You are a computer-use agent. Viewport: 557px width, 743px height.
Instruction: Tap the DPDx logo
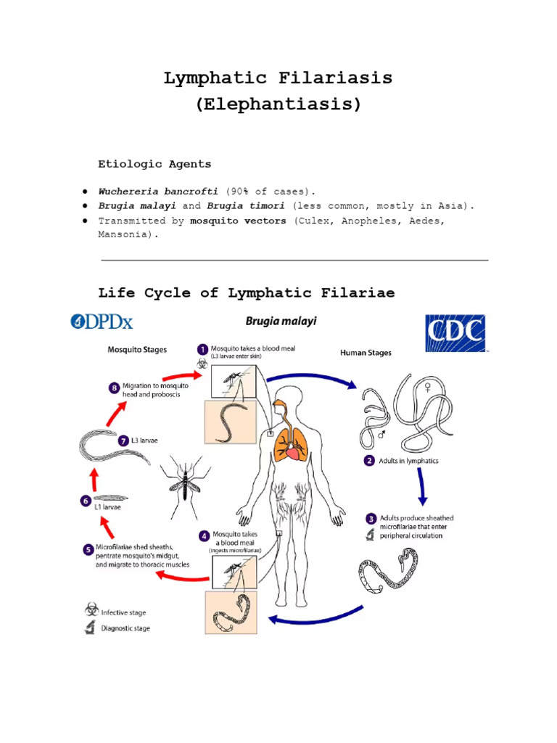pos(102,321)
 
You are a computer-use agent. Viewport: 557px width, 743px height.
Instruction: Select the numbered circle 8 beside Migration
pos(114,388)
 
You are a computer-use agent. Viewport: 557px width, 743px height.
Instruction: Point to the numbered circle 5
pos(87,550)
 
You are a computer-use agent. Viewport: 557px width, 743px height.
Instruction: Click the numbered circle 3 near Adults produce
pos(371,519)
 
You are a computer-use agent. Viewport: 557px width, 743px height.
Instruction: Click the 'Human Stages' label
pos(366,353)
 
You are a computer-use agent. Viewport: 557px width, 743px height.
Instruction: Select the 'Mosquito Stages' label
pos(137,350)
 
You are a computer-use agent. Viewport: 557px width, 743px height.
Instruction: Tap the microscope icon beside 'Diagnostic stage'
pos(91,628)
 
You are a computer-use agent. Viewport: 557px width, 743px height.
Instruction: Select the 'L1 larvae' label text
pos(107,508)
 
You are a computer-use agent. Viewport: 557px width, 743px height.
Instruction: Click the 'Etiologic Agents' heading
pos(154,164)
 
